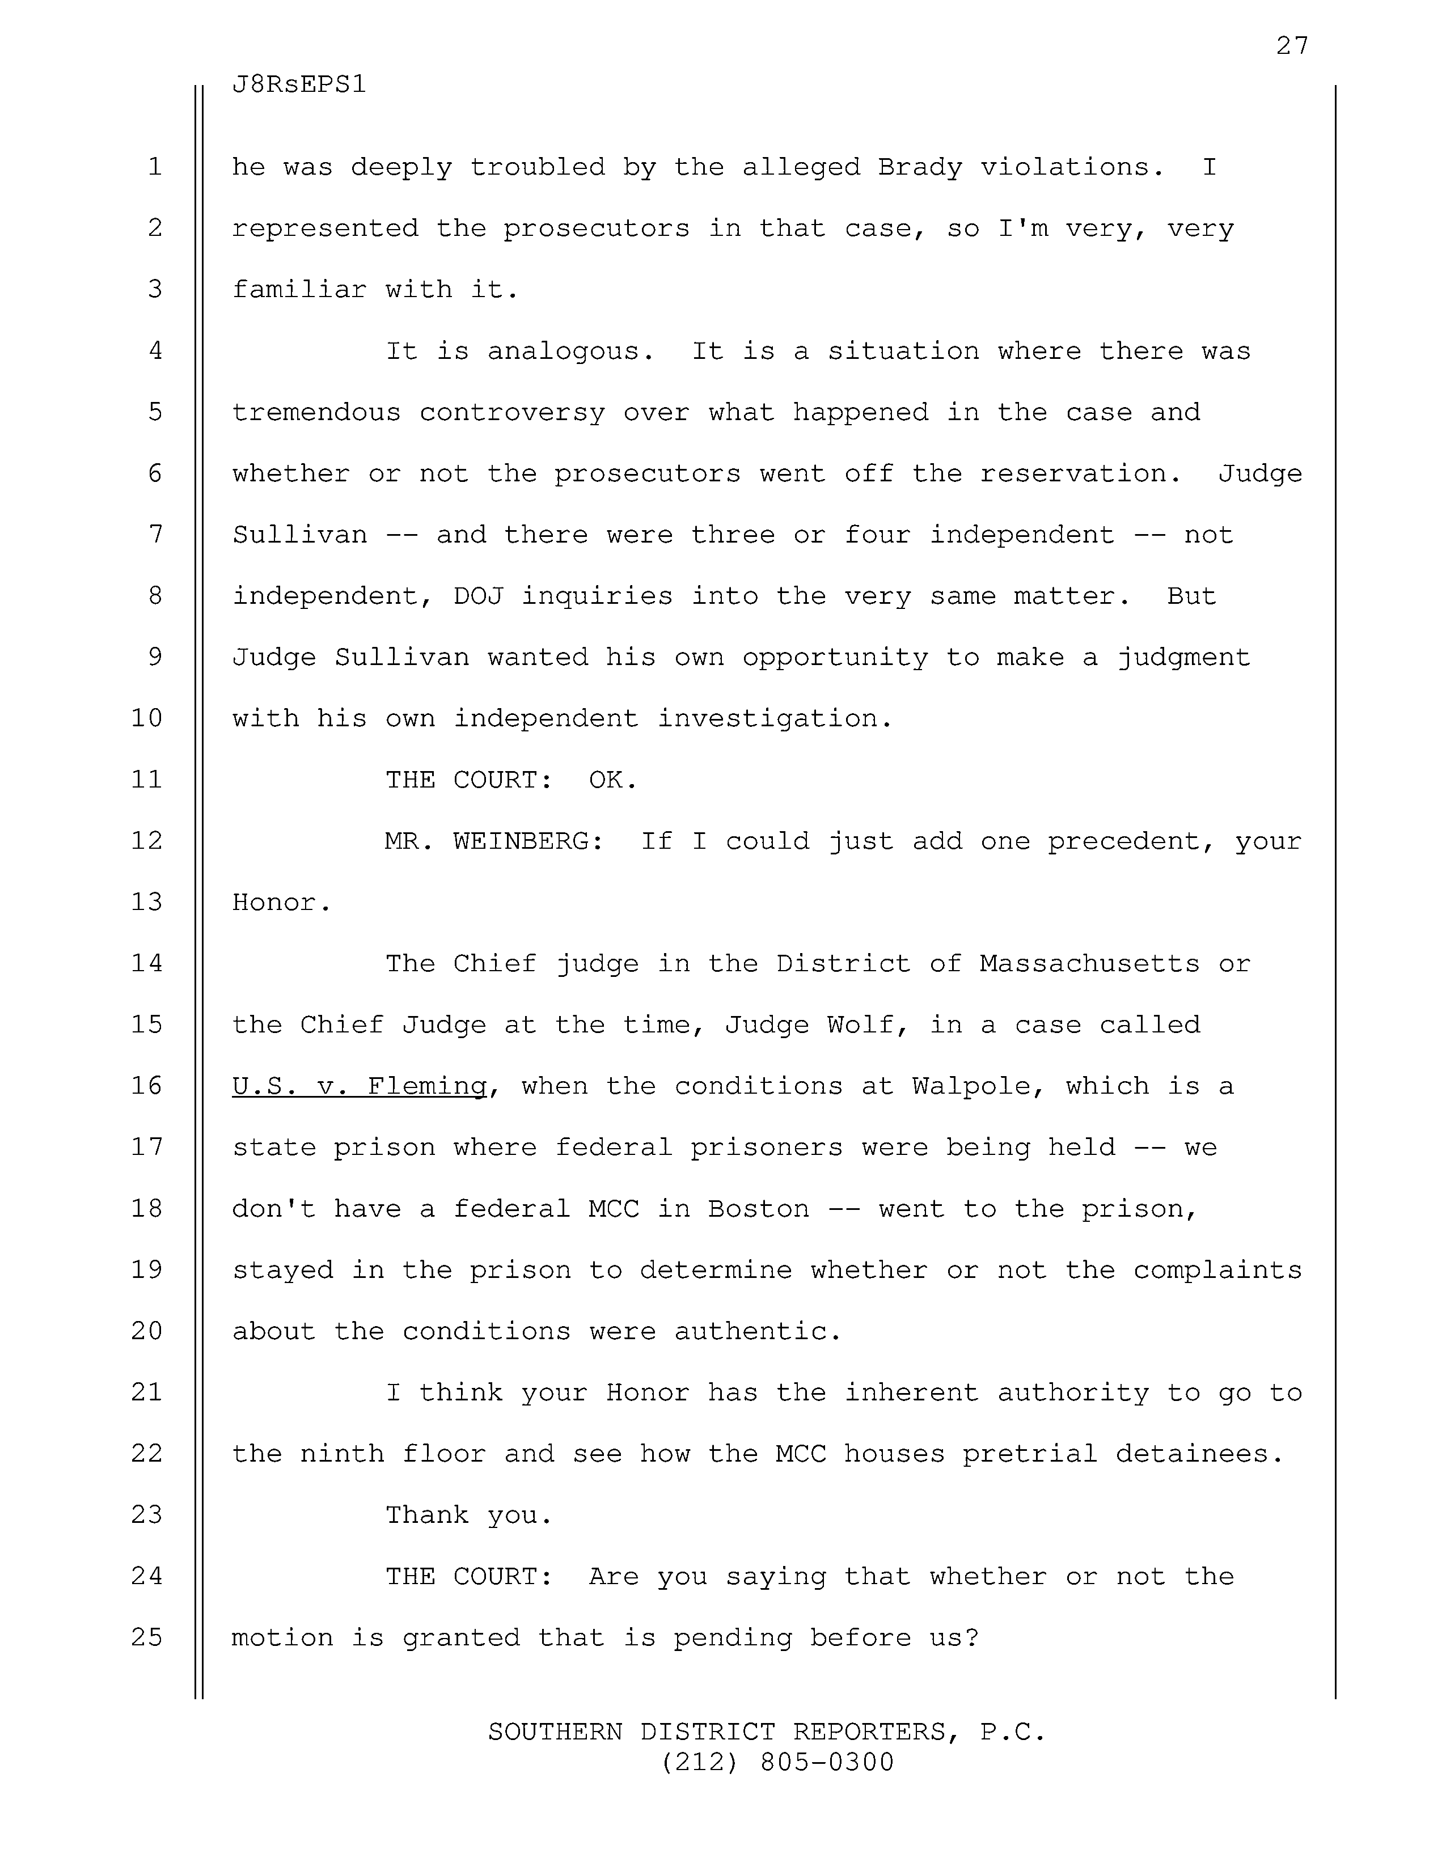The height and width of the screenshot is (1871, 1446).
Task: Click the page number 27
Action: [1292, 45]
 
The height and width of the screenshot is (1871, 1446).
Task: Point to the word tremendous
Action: [316, 413]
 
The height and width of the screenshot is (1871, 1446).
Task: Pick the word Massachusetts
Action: [1089, 964]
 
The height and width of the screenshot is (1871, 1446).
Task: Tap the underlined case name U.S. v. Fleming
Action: [359, 1086]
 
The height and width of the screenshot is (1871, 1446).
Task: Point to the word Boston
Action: [758, 1209]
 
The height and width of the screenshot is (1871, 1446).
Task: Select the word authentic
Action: [758, 1331]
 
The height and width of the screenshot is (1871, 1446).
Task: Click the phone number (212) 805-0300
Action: [777, 1762]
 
